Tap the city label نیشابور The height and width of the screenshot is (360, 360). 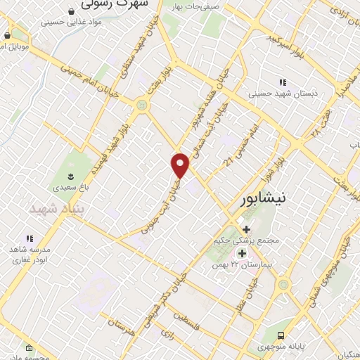coord(264,199)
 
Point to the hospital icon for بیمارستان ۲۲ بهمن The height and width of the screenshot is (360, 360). coord(243,253)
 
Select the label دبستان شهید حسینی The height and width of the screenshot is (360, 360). coord(284,92)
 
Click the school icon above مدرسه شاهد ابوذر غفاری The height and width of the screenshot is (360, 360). coord(30,239)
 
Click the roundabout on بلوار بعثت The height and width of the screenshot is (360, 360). coord(143,106)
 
